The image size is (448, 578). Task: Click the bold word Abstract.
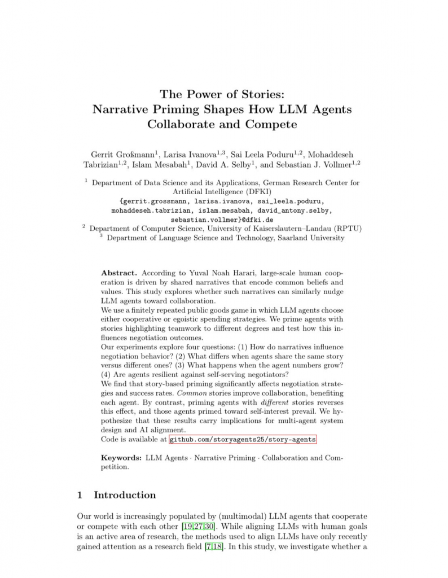(x=118, y=273)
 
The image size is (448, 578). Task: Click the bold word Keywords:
(x=121, y=458)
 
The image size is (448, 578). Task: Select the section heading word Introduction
(x=125, y=495)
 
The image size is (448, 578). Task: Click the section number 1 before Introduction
(x=80, y=495)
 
